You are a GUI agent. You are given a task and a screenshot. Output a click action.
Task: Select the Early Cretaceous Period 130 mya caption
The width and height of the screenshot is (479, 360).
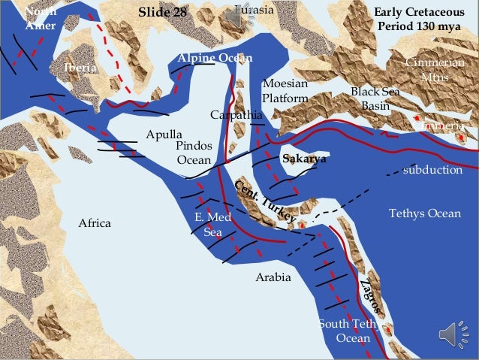(419, 20)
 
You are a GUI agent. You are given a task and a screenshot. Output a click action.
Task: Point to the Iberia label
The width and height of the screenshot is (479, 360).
(80, 68)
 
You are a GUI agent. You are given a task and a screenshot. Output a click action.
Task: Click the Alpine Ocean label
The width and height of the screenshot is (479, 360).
(215, 59)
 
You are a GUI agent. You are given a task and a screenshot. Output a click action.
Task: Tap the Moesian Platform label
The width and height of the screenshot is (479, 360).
(285, 90)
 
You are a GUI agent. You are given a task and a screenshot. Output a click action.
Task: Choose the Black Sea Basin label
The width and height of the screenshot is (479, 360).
(375, 98)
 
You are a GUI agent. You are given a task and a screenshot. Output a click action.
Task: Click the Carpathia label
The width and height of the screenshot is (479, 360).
(236, 115)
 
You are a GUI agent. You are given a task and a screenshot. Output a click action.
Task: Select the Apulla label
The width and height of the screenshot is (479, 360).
(164, 135)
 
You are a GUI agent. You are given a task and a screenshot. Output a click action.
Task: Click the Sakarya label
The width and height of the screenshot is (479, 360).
(304, 159)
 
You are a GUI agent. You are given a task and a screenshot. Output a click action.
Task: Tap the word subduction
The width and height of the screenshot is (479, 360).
(432, 170)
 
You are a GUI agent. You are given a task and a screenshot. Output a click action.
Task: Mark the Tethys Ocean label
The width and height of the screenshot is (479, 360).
(425, 214)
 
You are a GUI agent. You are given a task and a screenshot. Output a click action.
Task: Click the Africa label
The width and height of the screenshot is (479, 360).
(95, 223)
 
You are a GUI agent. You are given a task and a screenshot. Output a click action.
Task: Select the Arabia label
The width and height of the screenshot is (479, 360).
(273, 277)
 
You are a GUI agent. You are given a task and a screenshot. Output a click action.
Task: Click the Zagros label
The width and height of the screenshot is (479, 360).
(372, 298)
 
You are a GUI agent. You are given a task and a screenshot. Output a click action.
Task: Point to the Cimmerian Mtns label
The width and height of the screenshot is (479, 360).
(434, 70)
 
